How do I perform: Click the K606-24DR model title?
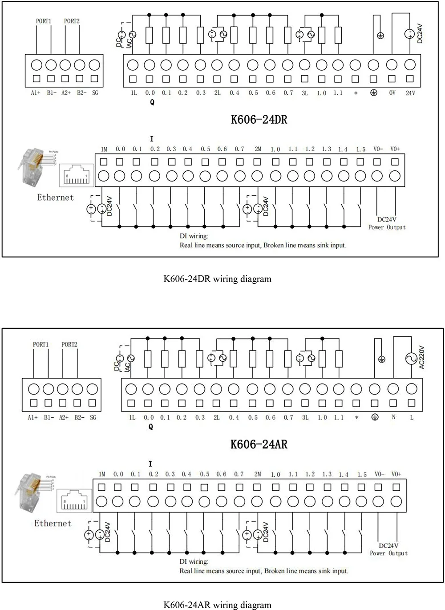click(259, 120)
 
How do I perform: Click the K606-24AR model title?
click(259, 444)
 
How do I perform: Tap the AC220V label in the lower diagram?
click(422, 358)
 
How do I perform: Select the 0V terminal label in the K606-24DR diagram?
click(392, 93)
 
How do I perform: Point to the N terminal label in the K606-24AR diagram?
click(393, 417)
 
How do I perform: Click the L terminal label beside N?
click(412, 417)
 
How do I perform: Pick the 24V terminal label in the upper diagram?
click(410, 93)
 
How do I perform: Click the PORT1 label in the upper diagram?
click(44, 21)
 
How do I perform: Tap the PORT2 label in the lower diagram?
click(69, 344)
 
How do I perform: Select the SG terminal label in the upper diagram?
click(95, 93)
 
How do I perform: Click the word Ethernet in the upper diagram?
click(55, 197)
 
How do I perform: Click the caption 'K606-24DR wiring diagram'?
click(217, 279)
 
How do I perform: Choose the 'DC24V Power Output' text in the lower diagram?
click(388, 549)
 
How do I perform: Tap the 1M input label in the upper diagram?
click(104, 149)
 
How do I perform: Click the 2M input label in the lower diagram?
click(257, 474)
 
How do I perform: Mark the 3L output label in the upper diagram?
click(305, 93)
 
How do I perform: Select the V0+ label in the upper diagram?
click(395, 149)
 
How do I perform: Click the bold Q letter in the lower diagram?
click(151, 427)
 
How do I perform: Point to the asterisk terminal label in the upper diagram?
click(355, 93)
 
